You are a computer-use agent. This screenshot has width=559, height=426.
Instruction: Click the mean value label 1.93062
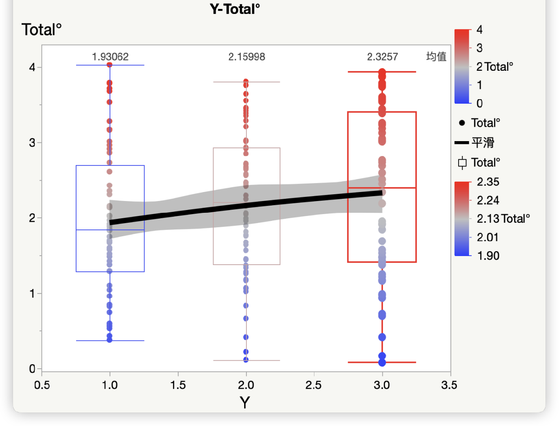(x=110, y=57)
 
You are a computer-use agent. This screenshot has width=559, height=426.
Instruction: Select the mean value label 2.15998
(x=246, y=57)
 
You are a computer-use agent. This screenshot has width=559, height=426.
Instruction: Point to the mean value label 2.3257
(x=382, y=57)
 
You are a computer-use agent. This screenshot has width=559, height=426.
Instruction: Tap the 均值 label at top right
(x=436, y=57)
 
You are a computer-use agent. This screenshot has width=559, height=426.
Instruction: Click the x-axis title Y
(x=245, y=403)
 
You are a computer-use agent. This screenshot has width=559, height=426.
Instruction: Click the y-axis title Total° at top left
(x=41, y=30)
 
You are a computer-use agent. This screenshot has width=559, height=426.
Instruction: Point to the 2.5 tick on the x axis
(x=314, y=385)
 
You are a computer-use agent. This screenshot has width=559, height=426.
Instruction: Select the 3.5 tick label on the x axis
(x=450, y=385)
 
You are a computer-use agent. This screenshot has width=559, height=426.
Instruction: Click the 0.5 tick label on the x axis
(x=41, y=385)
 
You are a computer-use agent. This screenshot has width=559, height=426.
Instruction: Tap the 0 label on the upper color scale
(x=479, y=103)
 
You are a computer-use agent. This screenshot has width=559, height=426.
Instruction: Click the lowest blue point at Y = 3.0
(x=382, y=362)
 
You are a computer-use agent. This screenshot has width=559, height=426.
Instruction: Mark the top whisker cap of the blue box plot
(x=110, y=65)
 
